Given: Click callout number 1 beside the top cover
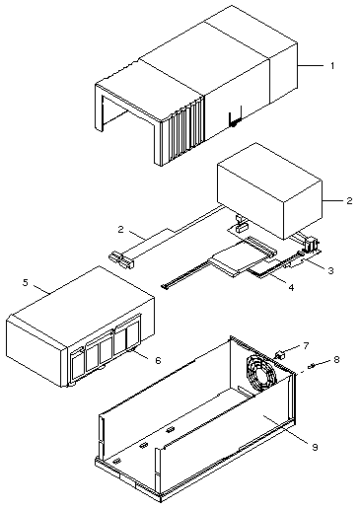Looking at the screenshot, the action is coord(332,66).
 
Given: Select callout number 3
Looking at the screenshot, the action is coord(330,270).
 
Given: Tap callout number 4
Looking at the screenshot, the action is coord(291,287).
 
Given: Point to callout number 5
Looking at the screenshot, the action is coord(26,282).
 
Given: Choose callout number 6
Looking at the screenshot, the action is coord(158,360).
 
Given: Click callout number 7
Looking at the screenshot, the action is coord(306,345).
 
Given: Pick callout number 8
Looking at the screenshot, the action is coord(336,359).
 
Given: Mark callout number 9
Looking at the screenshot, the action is coord(315,447).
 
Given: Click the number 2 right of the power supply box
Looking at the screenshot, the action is coord(349,200).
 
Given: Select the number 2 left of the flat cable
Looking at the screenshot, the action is coord(121,229).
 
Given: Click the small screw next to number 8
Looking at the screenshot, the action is coord(312,365).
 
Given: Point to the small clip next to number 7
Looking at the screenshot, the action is coord(279,355).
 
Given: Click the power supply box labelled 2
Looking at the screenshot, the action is coord(269,190).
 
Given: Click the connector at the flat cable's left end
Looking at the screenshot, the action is coord(121,259).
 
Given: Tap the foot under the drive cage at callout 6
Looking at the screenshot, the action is coord(132,352).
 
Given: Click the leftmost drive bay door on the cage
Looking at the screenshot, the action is coord(78,368).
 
